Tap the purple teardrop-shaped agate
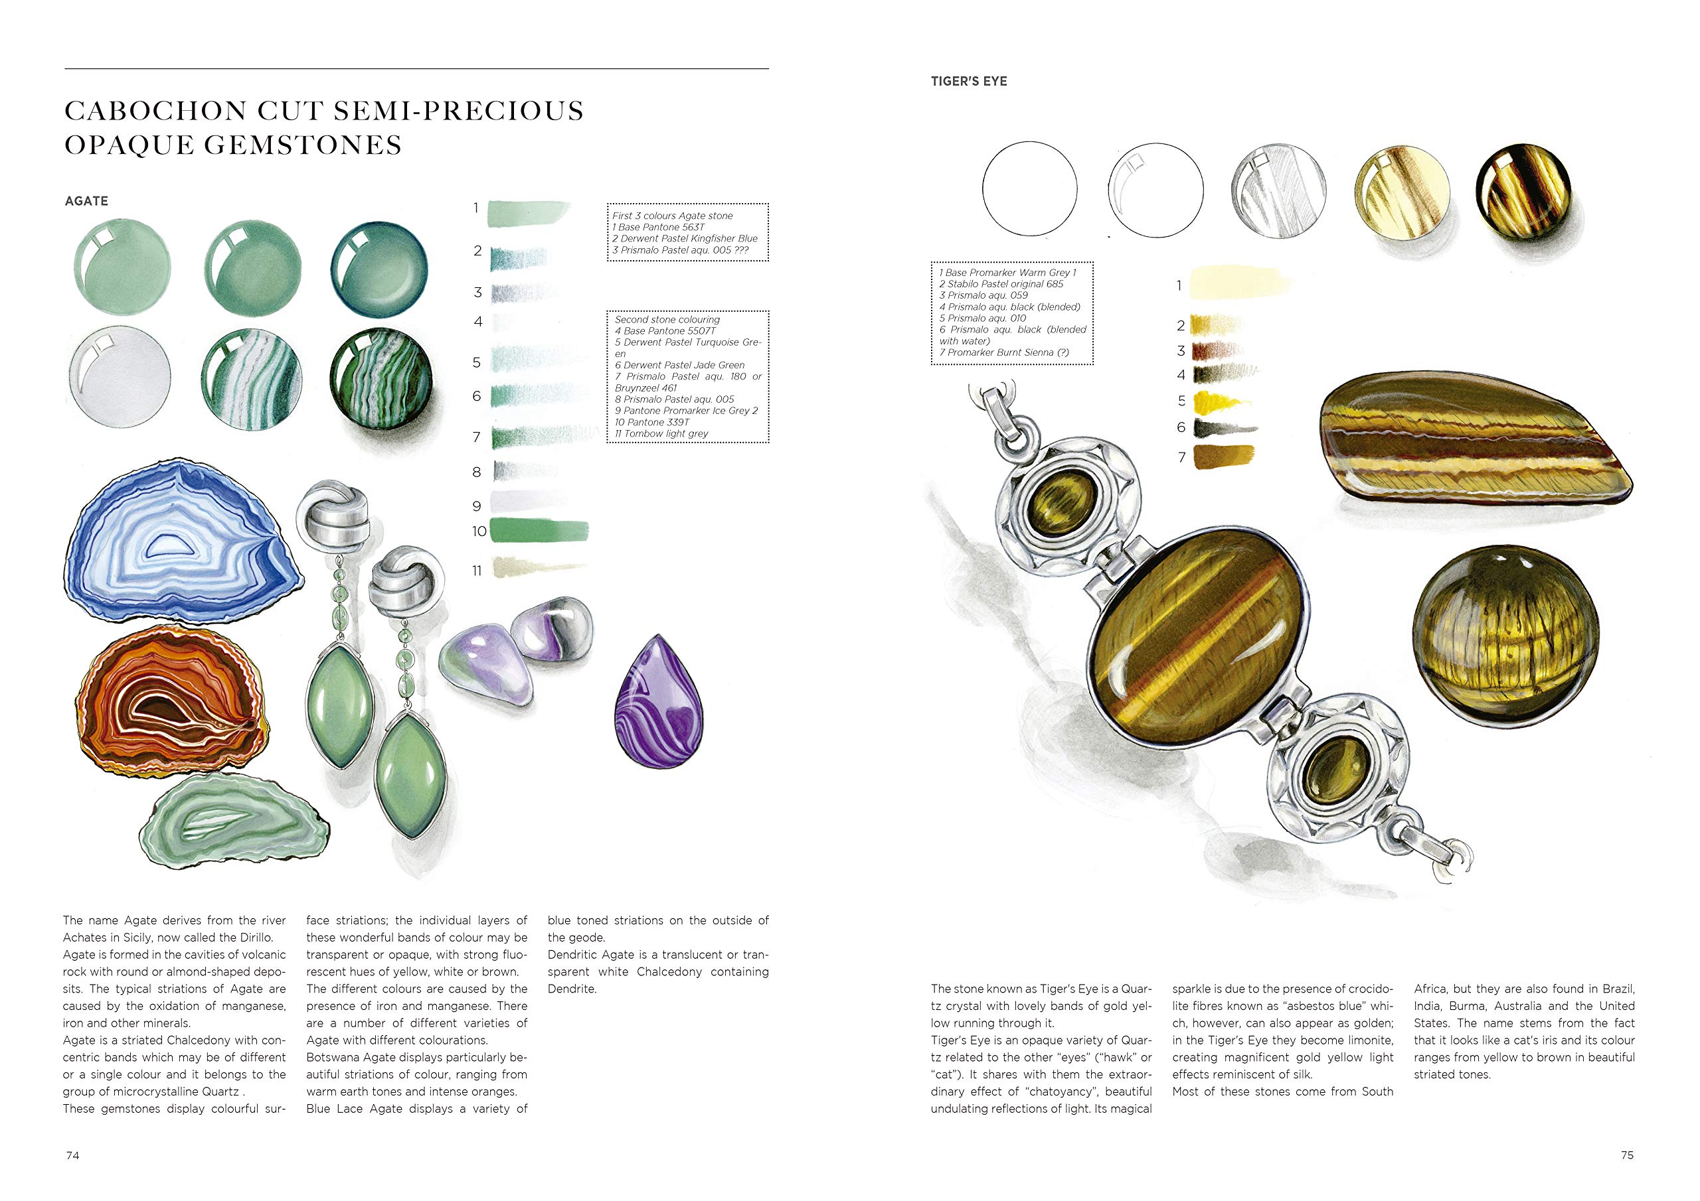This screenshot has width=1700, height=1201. [658, 703]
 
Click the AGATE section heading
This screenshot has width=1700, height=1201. [86, 201]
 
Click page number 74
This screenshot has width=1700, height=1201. [72, 1155]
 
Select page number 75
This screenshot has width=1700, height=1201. [1627, 1155]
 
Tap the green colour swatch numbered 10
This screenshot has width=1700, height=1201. [539, 531]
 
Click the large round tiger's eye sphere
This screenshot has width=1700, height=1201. [1505, 647]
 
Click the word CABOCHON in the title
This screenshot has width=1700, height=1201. [156, 111]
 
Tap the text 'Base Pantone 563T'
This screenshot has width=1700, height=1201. [661, 227]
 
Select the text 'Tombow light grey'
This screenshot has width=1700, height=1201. [665, 434]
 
